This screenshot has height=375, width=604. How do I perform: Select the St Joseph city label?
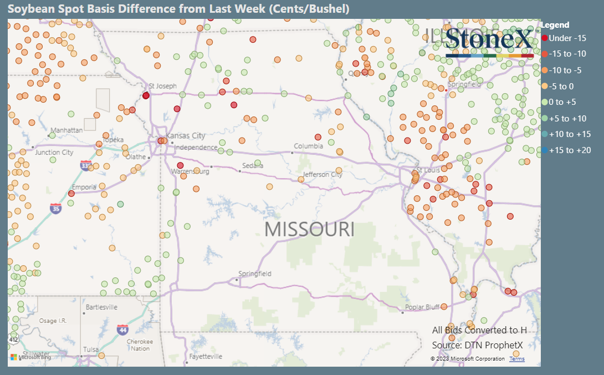(x=163, y=86)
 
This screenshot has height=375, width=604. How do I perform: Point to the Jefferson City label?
(x=323, y=174)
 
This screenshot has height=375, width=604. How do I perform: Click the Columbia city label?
(x=308, y=146)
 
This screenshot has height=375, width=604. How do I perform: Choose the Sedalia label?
(x=253, y=166)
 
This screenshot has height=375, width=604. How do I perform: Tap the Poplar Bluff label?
(x=422, y=307)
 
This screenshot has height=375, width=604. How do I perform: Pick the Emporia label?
(x=84, y=187)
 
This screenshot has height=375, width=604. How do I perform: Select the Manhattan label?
(x=66, y=130)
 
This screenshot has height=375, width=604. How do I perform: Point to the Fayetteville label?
(x=206, y=356)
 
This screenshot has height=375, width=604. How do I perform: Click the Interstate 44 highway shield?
(x=122, y=330)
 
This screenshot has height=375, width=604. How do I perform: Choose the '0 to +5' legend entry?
(x=563, y=102)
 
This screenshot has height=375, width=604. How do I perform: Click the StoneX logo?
(x=488, y=41)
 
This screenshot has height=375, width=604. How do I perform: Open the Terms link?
(x=517, y=359)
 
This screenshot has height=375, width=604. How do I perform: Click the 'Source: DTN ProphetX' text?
(x=477, y=344)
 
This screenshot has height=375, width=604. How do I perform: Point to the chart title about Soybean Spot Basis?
(x=178, y=9)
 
